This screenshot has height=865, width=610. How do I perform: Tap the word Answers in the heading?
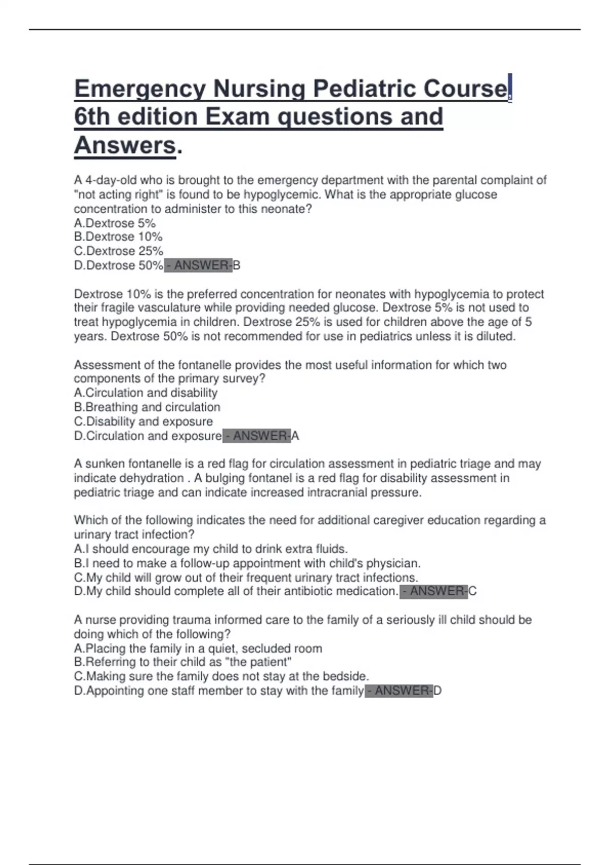[125, 145]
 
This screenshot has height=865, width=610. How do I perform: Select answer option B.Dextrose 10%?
[118, 237]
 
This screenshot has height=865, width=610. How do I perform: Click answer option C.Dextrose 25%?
[118, 251]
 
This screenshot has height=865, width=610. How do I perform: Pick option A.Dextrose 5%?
[115, 223]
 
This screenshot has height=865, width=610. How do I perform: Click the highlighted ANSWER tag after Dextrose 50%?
[198, 265]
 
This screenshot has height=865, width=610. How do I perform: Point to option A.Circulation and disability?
[145, 393]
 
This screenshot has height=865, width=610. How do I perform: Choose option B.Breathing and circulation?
[147, 407]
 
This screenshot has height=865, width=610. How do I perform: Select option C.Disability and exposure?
[143, 421]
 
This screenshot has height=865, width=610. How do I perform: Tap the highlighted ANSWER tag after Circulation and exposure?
[257, 436]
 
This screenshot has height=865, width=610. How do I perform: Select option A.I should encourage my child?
[211, 549]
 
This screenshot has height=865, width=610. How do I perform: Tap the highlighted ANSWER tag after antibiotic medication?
[434, 591]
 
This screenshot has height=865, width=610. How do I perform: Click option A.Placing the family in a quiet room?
[198, 648]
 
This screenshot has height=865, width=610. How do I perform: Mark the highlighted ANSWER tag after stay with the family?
[399, 690]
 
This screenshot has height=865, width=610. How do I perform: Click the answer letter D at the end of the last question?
[438, 690]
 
